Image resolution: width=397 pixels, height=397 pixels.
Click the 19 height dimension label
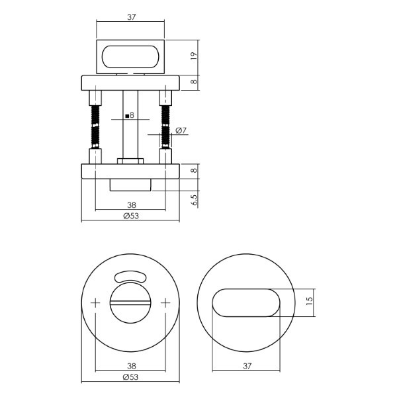click(x=194, y=56)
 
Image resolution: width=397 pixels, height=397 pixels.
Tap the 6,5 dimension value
click(x=194, y=200)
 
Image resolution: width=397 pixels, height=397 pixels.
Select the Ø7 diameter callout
click(x=181, y=130)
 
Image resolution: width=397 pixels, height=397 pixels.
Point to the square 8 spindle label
click(x=130, y=116)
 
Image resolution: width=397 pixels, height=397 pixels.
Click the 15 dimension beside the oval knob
click(x=310, y=300)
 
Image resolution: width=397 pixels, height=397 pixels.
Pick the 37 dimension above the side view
click(x=132, y=17)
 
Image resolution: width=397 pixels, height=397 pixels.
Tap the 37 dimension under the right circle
click(x=247, y=366)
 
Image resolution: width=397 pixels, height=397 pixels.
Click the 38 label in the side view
click(x=132, y=204)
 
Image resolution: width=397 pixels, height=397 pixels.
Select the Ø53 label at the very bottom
click(x=130, y=377)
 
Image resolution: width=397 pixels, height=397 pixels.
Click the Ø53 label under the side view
click(x=131, y=216)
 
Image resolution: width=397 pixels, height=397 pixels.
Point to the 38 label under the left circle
click(x=132, y=366)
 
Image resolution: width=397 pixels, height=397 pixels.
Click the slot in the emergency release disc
click(x=130, y=303)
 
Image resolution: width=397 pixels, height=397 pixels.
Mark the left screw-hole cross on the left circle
click(x=95, y=303)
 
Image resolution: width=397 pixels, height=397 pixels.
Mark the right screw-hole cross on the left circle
click(x=165, y=303)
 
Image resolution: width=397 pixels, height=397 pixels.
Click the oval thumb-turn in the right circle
click(x=246, y=303)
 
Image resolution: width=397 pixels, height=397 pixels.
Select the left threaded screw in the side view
click(x=95, y=126)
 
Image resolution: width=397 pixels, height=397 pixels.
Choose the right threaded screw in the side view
click(x=165, y=126)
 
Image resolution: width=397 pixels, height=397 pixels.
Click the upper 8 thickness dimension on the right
click(x=194, y=82)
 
